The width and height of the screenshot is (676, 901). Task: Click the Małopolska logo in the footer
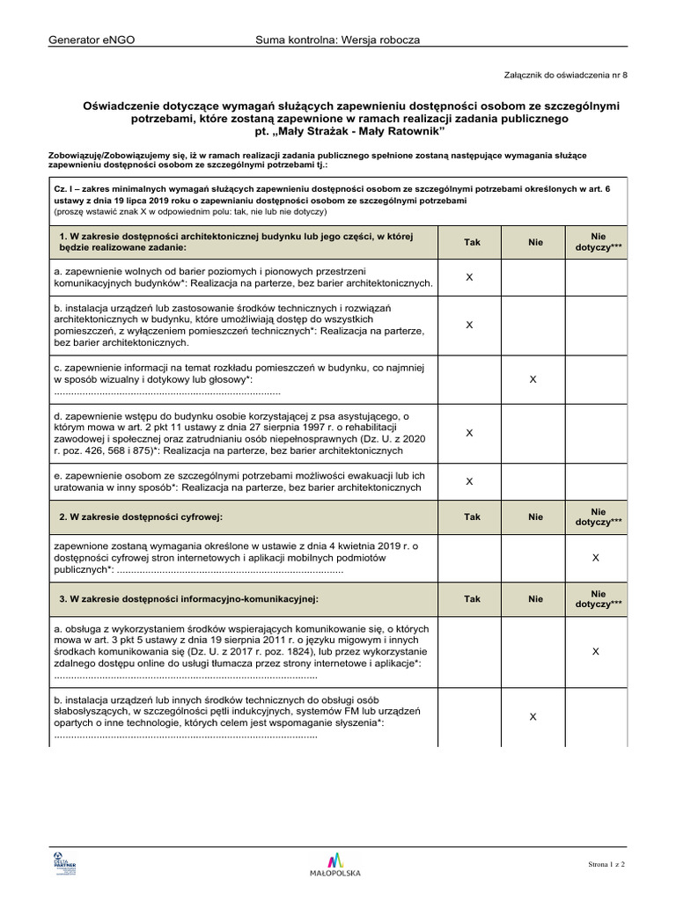point(335,864)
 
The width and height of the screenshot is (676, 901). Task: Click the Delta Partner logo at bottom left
point(65,863)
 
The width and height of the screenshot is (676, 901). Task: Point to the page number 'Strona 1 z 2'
point(606,865)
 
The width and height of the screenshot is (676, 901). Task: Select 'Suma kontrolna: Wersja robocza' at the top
point(338,40)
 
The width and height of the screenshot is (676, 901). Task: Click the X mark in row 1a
point(469,277)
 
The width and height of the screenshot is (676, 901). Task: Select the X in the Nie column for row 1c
point(533,378)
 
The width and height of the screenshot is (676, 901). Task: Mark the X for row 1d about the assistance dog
point(469,433)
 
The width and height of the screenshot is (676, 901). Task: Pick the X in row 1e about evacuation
point(469,481)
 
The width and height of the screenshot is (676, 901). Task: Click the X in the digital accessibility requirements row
point(596,558)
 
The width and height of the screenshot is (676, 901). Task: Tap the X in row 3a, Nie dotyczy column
point(596,652)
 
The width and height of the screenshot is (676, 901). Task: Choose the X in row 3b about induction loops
point(533,717)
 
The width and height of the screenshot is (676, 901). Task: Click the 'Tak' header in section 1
point(472,242)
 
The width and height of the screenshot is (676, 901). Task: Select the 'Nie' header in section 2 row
point(535,517)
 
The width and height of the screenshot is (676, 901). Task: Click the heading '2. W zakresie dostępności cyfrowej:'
point(141,517)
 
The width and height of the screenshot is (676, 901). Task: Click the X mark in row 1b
point(469,325)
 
